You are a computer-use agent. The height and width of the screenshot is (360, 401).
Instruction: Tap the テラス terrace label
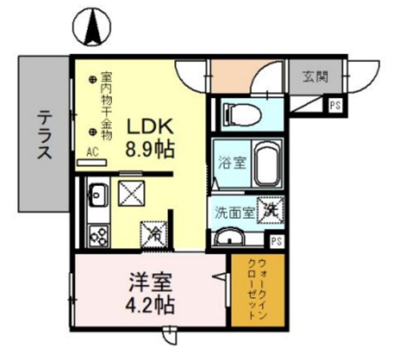(x=43, y=135)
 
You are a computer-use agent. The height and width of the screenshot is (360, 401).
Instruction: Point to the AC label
(x=92, y=151)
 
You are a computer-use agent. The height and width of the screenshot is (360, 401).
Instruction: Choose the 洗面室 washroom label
(x=232, y=212)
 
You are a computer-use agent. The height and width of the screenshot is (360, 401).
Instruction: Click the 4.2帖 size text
(x=150, y=306)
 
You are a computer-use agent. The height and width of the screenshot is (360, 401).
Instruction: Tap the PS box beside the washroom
(x=275, y=240)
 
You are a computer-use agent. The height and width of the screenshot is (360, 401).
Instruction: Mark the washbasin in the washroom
(x=232, y=238)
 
